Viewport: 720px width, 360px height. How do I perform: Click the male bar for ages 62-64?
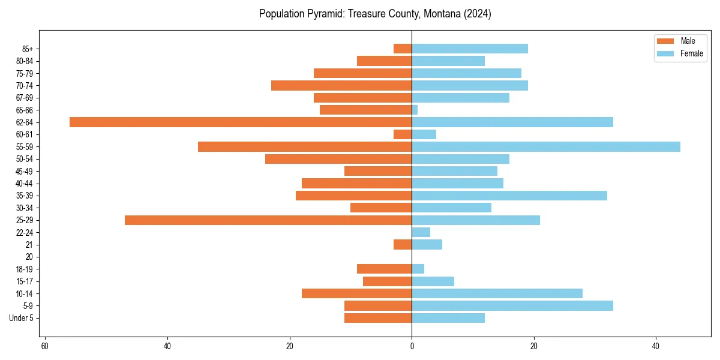click(x=240, y=122)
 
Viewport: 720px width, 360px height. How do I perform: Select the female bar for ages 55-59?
click(x=546, y=147)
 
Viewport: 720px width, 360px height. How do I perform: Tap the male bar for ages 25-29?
click(x=268, y=220)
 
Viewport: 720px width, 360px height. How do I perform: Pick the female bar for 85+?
click(x=470, y=49)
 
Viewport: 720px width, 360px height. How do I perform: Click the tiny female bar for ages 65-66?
click(x=415, y=110)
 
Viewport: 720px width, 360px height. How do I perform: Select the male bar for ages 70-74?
click(x=341, y=86)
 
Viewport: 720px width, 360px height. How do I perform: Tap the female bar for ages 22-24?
click(x=421, y=232)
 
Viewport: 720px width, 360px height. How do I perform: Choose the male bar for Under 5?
click(x=378, y=318)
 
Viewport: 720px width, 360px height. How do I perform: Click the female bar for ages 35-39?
click(x=509, y=196)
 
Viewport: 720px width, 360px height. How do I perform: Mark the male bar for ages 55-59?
click(x=305, y=147)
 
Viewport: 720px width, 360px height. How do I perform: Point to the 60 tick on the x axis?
click(x=45, y=346)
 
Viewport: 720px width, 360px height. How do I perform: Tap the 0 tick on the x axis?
click(x=412, y=346)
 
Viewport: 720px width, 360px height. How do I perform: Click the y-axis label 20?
click(x=29, y=257)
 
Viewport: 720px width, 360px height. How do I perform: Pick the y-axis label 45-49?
click(x=25, y=171)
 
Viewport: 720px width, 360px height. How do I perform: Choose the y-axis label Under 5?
click(x=22, y=318)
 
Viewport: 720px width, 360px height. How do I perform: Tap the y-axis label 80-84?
click(x=25, y=61)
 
